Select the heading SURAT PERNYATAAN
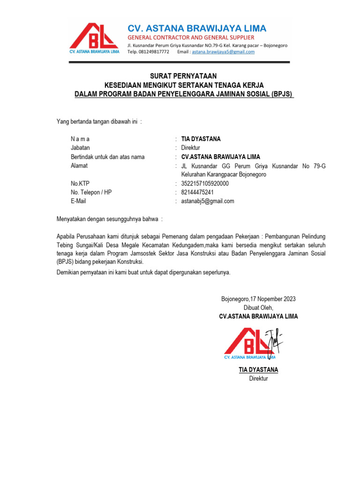pyautogui.click(x=183, y=76)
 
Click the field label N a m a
pyautogui.click(x=80, y=139)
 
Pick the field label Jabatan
pyautogui.click(x=80, y=148)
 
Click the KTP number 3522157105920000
pyautogui.click(x=205, y=184)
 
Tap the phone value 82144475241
pyautogui.click(x=197, y=193)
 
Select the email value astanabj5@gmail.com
pyautogui.click(x=207, y=202)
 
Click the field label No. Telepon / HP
pyautogui.click(x=91, y=193)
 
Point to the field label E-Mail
pyautogui.click(x=78, y=202)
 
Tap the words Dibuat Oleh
pyautogui.click(x=258, y=308)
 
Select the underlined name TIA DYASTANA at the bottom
pyautogui.click(x=258, y=370)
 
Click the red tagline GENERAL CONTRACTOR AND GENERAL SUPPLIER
pyautogui.click(x=191, y=37)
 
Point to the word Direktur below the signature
pyautogui.click(x=258, y=379)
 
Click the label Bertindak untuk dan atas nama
pyautogui.click(x=107, y=157)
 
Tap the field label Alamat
pyautogui.click(x=79, y=166)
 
